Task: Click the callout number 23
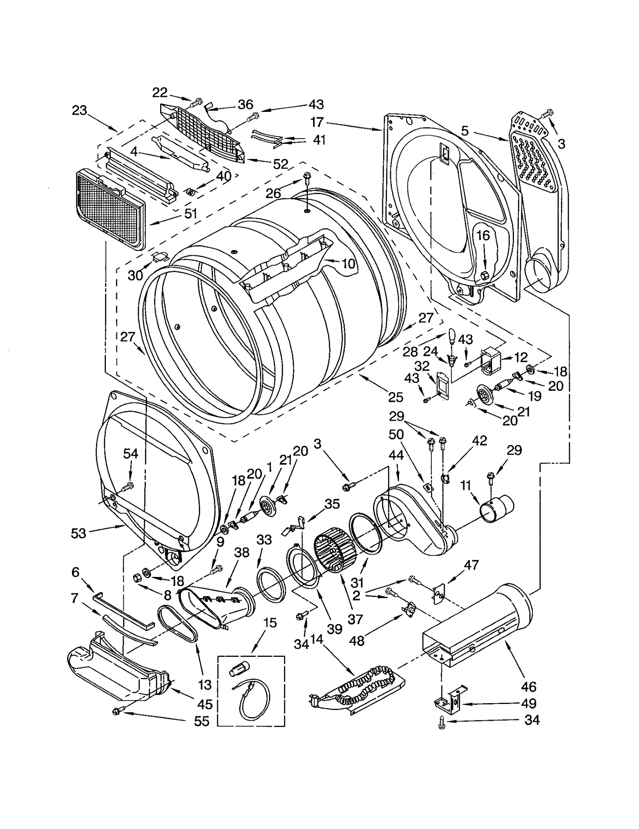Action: click(79, 110)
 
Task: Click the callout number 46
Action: click(528, 686)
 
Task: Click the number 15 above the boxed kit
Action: click(270, 622)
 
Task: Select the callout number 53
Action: click(78, 533)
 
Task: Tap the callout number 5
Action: click(464, 131)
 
